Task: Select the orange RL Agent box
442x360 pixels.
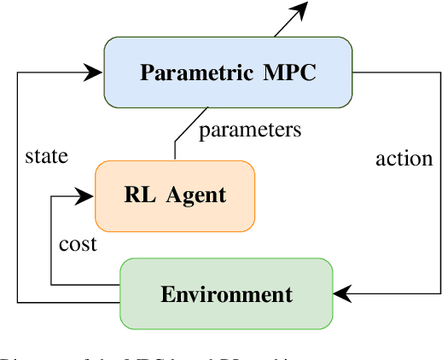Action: (x=174, y=195)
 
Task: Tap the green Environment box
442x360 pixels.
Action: (x=226, y=294)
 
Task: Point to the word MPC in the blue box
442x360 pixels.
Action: (x=290, y=73)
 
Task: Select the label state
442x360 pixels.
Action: (x=47, y=156)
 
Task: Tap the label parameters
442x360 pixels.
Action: (x=250, y=131)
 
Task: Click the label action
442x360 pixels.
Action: (x=404, y=158)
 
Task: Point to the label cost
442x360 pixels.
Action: (x=78, y=244)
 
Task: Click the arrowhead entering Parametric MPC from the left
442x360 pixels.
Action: (x=95, y=73)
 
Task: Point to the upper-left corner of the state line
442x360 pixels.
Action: (x=18, y=73)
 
